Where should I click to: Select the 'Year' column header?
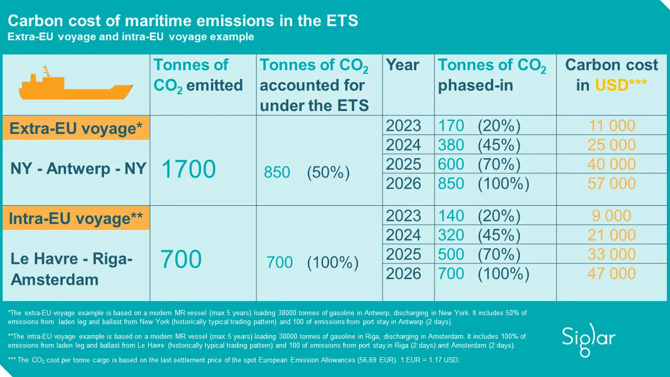click(403, 65)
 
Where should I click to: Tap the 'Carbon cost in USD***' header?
click(611, 75)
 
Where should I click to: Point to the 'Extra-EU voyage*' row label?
click(76, 129)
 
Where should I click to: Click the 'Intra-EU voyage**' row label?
click(76, 219)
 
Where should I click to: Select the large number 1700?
click(188, 170)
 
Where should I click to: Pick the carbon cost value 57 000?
click(611, 183)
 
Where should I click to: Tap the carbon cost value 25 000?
click(611, 145)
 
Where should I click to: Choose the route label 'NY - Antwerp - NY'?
click(78, 169)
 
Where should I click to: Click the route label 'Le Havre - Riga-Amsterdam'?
click(71, 269)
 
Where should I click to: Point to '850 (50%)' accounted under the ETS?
click(307, 172)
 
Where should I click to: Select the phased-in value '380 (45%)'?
click(479, 145)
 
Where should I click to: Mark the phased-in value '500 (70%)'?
click(479, 254)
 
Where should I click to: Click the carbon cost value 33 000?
click(611, 254)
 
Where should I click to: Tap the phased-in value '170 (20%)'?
click(479, 126)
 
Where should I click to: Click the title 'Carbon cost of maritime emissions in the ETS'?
click(183, 21)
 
